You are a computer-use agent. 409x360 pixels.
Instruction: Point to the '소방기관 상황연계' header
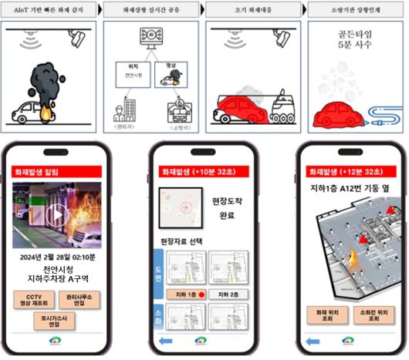[356, 10]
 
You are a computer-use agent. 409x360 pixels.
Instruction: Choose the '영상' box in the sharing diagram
[174, 76]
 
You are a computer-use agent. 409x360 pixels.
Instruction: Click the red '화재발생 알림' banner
[51, 172]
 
